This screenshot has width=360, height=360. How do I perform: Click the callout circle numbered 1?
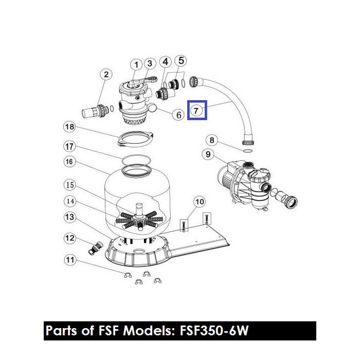pos(136,65)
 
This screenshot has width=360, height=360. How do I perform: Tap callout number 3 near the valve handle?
pos(150,64)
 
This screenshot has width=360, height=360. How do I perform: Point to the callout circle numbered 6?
pos(178,115)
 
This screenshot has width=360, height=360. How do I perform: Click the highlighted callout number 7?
pos(197,110)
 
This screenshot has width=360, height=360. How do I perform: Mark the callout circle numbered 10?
pos(200,201)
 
